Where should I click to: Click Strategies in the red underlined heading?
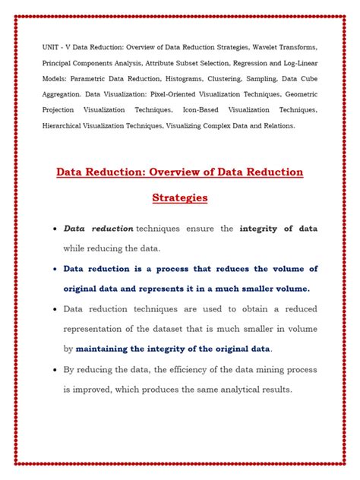pos(179,198)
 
